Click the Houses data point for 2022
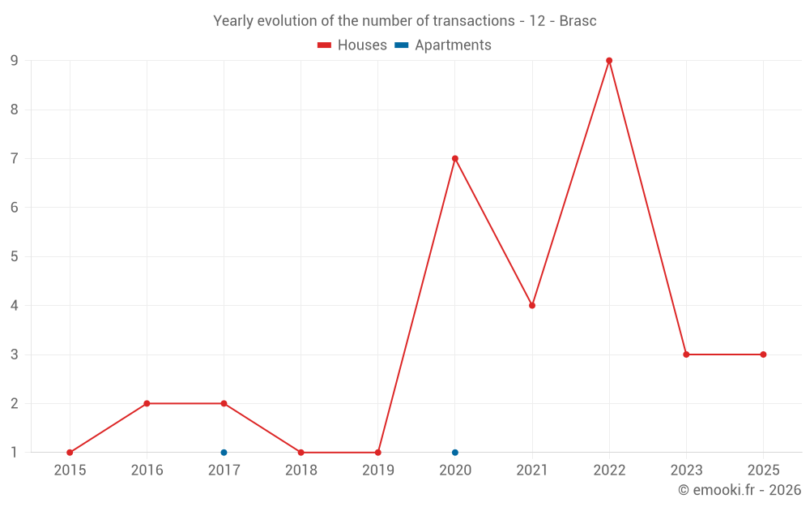click(609, 61)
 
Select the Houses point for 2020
click(455, 158)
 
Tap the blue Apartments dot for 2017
click(224, 453)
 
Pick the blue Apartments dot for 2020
click(455, 453)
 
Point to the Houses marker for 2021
click(532, 306)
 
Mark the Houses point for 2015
click(70, 453)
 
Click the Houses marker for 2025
click(763, 354)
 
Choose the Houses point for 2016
click(147, 403)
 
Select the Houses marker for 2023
click(686, 354)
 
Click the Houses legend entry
click(352, 45)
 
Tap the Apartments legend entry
click(443, 45)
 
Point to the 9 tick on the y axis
click(15, 61)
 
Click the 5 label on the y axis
click(15, 256)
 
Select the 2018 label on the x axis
click(301, 470)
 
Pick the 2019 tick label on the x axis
click(377, 470)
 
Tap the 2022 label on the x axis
click(609, 470)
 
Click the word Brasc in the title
click(578, 21)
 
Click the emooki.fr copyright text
click(740, 490)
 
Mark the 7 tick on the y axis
click(15, 158)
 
